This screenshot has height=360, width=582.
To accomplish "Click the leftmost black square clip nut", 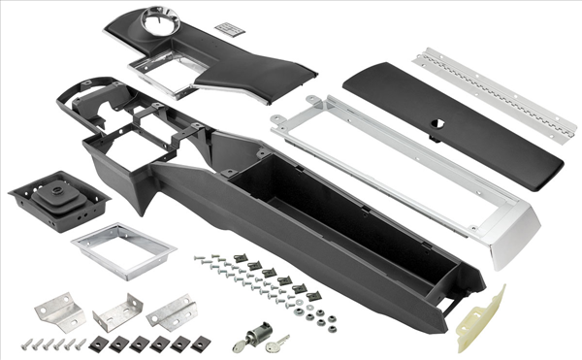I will [98, 344].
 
